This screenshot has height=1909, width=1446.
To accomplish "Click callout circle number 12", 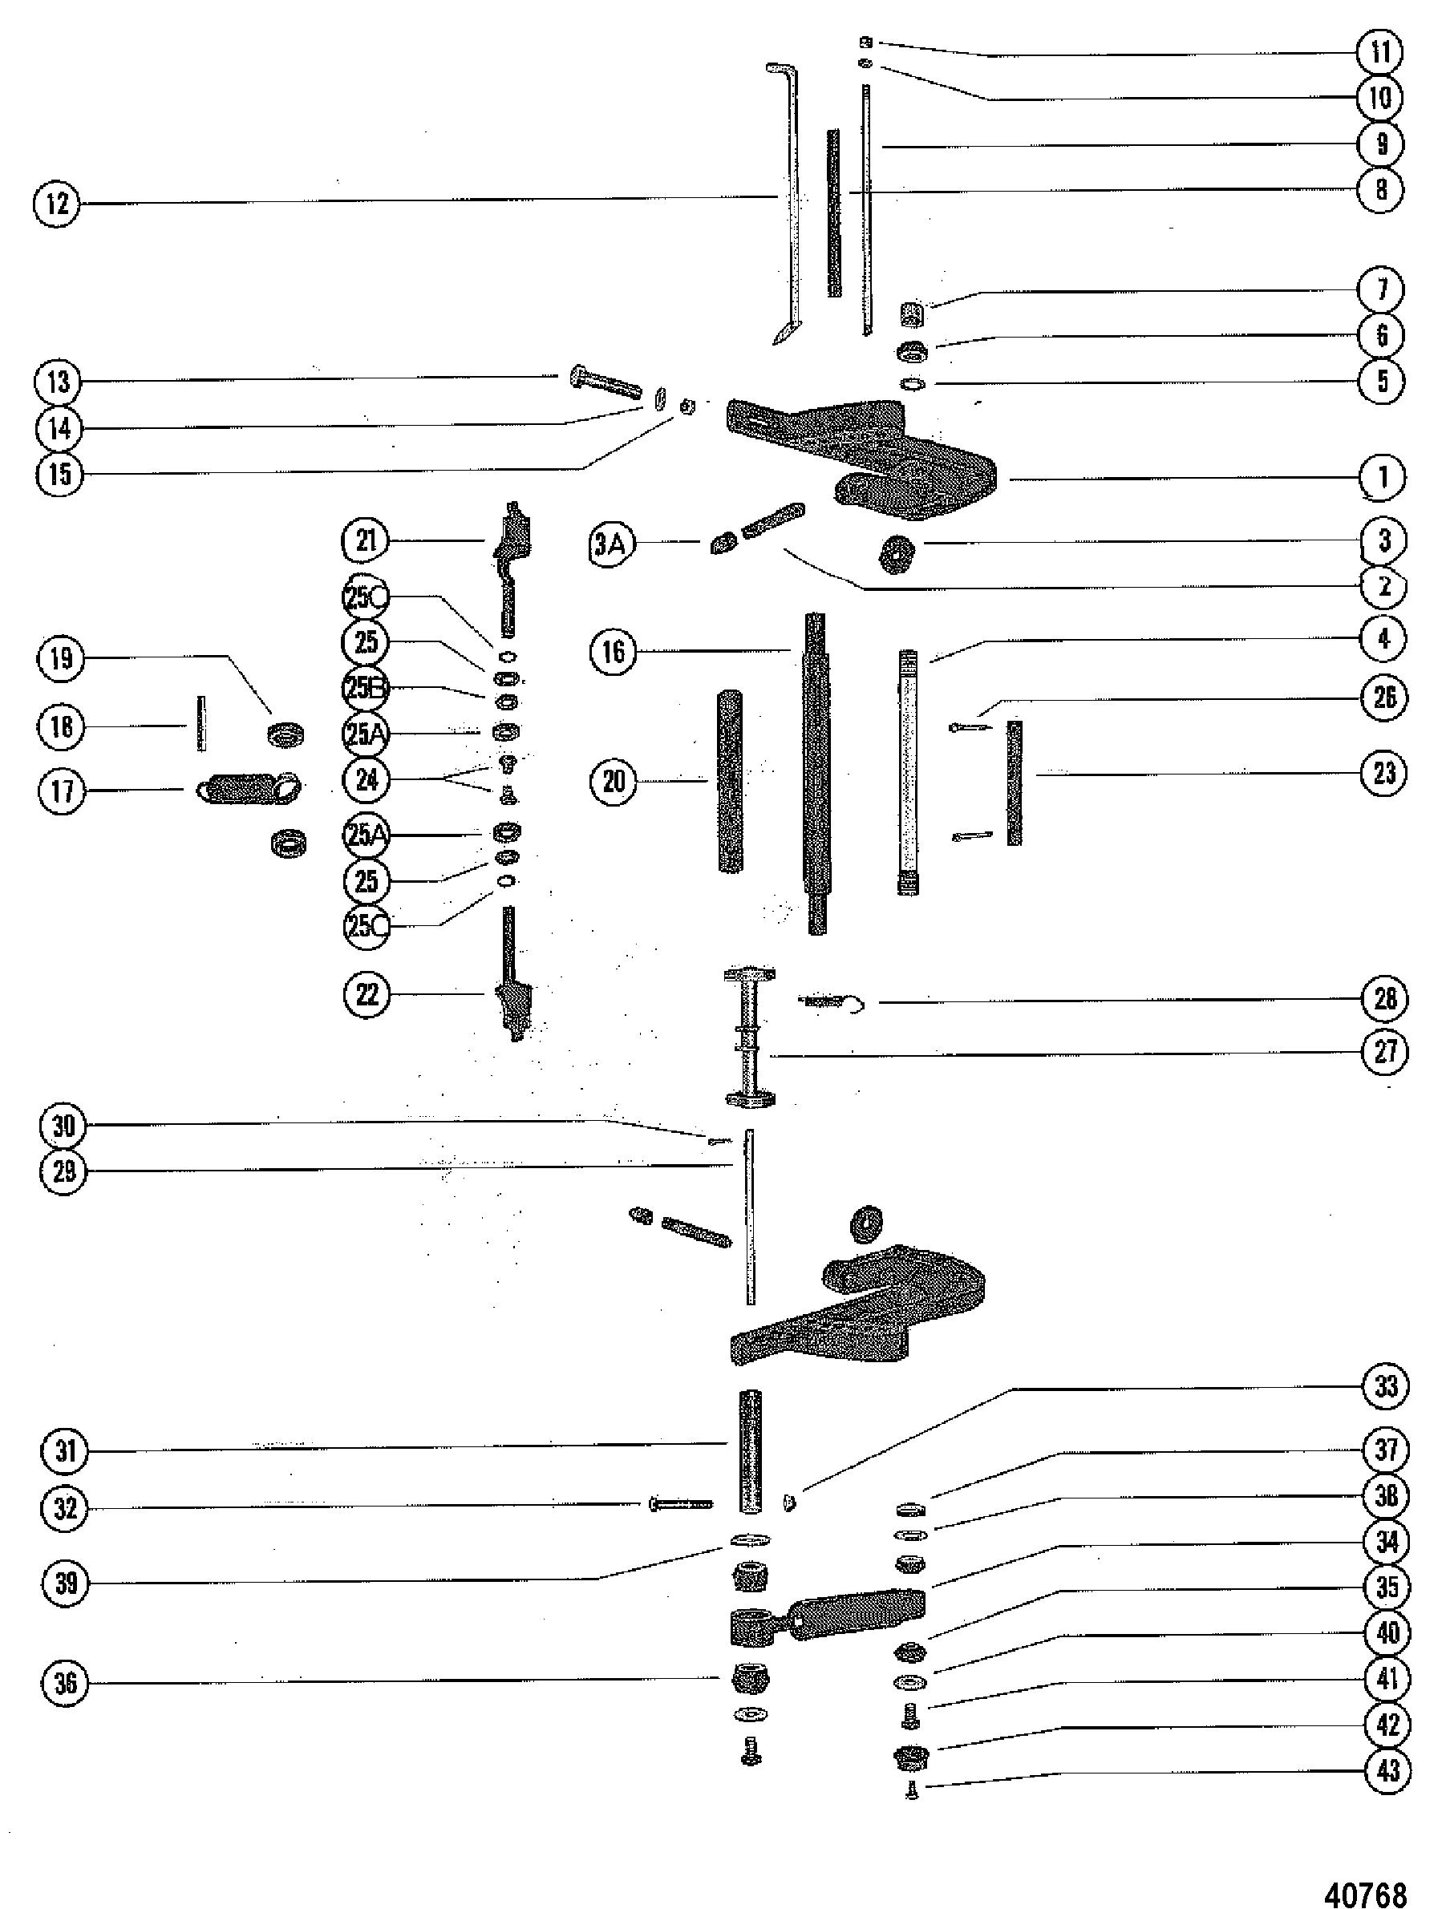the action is pyautogui.click(x=57, y=204).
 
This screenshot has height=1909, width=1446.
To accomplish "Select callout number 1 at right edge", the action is pyautogui.click(x=1382, y=476).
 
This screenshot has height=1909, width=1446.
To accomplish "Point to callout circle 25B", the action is pyautogui.click(x=367, y=689).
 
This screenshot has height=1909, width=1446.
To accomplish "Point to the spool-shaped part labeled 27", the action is pyautogui.click(x=748, y=1037).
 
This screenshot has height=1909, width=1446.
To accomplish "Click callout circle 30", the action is pyautogui.click(x=65, y=1126).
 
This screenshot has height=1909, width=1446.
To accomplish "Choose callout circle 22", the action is pyautogui.click(x=367, y=994).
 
